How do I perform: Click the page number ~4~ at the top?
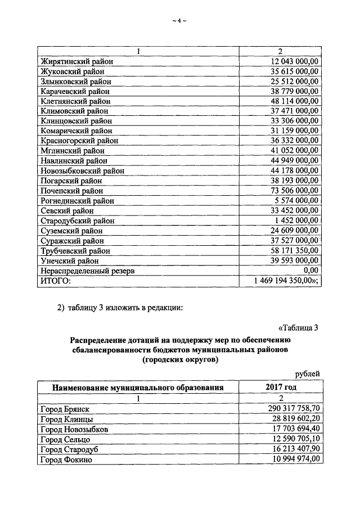point(179,21)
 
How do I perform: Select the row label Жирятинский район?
point(76,61)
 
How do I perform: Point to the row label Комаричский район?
point(76,131)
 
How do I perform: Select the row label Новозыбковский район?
point(83,171)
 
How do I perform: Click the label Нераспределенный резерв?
point(87,271)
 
